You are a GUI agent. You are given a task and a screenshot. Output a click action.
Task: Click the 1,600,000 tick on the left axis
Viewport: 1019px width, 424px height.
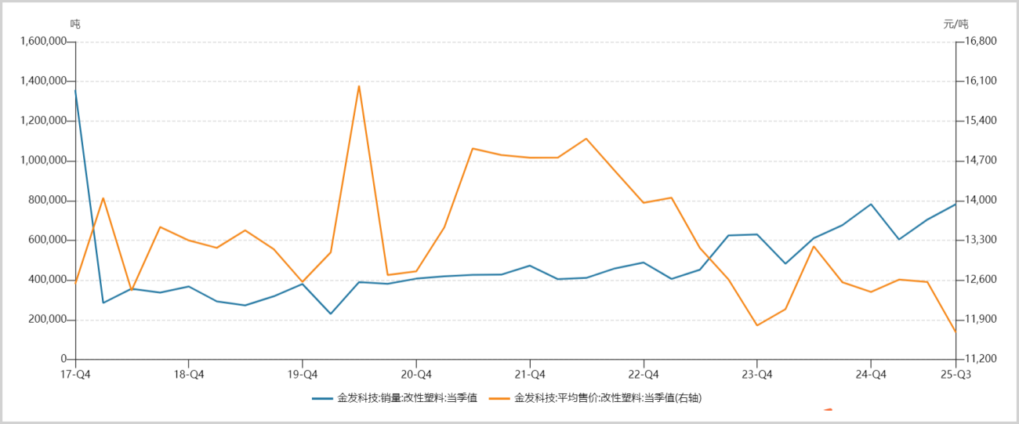(45, 42)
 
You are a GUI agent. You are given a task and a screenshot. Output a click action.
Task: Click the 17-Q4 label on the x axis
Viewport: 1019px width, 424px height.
(75, 374)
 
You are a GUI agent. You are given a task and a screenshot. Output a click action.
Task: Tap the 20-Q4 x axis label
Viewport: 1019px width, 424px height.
(416, 374)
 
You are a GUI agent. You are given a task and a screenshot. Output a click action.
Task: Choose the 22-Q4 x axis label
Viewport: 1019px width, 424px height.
(644, 374)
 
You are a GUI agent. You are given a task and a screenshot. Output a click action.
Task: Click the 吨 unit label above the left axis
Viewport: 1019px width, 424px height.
(75, 24)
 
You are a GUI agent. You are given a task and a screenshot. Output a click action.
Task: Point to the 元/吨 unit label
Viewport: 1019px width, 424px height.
(956, 24)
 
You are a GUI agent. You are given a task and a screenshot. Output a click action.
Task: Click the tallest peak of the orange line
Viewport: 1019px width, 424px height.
(359, 85)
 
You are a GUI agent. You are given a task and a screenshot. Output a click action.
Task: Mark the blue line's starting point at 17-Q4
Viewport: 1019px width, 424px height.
(75, 90)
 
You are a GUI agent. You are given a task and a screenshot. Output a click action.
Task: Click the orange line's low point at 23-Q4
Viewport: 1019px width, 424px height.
(757, 325)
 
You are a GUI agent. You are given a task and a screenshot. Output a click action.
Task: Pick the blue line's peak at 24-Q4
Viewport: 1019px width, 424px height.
(871, 204)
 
